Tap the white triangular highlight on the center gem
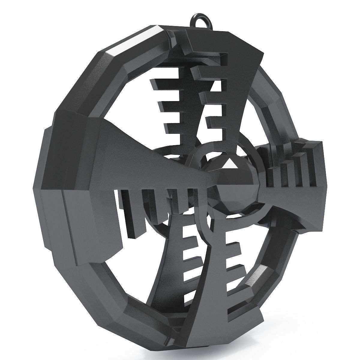point(230,164)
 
